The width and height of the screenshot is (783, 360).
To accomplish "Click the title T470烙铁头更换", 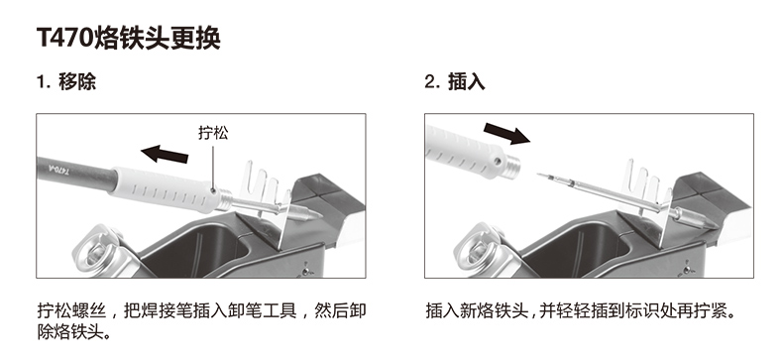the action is [x=128, y=38].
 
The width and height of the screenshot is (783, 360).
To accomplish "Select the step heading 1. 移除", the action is [x=66, y=81].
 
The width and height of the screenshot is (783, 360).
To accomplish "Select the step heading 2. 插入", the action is [x=454, y=82].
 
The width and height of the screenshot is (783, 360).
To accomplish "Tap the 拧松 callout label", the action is [x=213, y=133].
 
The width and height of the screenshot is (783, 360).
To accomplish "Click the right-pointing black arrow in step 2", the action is [x=506, y=133].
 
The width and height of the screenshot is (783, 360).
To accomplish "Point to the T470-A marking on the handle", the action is [x=60, y=168].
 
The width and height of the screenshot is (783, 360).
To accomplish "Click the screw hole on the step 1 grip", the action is [x=214, y=190].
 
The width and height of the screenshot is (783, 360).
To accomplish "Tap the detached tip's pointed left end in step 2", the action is [x=538, y=175].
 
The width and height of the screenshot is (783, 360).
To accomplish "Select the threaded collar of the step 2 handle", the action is [x=512, y=166].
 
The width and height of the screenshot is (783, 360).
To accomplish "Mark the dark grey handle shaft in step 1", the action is [x=75, y=176].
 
